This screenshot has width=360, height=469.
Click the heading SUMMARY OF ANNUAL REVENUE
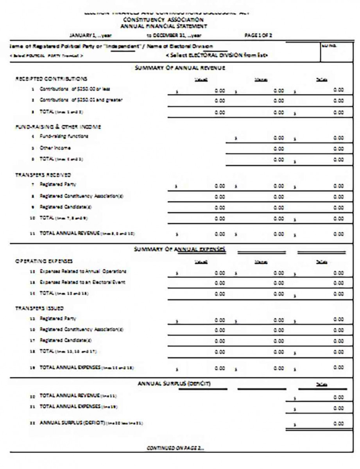coord(180,68)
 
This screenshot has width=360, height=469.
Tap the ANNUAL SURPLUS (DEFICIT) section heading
coord(174,383)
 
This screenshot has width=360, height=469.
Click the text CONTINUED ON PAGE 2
coord(175,448)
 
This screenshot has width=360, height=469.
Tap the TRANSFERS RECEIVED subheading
coord(43,175)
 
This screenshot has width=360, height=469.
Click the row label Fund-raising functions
coord(64,136)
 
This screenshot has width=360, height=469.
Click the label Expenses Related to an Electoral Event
coord(82,282)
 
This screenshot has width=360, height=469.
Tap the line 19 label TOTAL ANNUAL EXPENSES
coord(70,368)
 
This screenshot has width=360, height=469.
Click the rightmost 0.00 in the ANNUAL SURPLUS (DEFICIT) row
coord(339,423)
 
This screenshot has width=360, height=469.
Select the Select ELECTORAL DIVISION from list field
coord(217,55)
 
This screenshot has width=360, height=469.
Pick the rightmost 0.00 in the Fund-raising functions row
coord(339,138)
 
